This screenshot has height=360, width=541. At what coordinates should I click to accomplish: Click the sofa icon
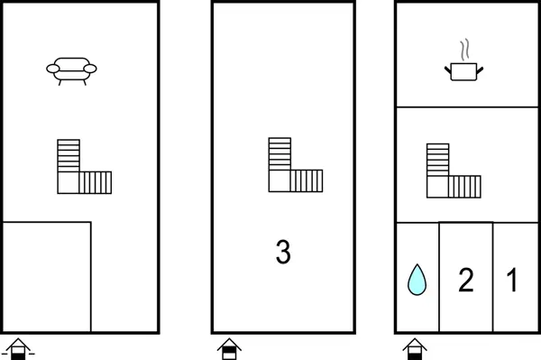(x=71, y=71)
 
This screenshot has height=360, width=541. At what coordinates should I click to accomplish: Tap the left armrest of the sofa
(x=53, y=69)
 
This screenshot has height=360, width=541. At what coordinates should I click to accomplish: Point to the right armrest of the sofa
(x=90, y=69)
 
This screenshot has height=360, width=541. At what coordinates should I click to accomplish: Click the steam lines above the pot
(x=464, y=50)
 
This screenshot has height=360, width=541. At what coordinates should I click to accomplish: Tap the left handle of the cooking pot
(x=448, y=70)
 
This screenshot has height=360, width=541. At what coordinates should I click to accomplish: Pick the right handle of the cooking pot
(x=480, y=70)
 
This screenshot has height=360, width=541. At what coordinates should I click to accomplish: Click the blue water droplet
(x=417, y=280)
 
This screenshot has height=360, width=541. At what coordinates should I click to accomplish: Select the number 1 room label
(x=512, y=280)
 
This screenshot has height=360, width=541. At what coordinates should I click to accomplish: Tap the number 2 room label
(x=466, y=280)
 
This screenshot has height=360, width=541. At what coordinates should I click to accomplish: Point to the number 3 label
(x=283, y=252)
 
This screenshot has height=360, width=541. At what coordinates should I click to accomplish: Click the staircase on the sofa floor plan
(x=84, y=166)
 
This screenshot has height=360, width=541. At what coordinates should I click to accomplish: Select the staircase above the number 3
(x=296, y=164)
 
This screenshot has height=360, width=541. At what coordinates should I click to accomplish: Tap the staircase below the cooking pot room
(x=454, y=171)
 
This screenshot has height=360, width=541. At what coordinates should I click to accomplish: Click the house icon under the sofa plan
(x=18, y=349)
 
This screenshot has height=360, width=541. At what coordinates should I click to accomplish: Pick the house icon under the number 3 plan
(x=229, y=349)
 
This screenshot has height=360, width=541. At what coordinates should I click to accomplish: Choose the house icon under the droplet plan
(x=415, y=349)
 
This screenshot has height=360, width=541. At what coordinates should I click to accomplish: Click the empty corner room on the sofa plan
(x=47, y=277)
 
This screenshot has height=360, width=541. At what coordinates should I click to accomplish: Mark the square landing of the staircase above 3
(x=280, y=180)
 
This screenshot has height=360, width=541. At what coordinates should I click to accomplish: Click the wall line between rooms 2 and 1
(x=492, y=277)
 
